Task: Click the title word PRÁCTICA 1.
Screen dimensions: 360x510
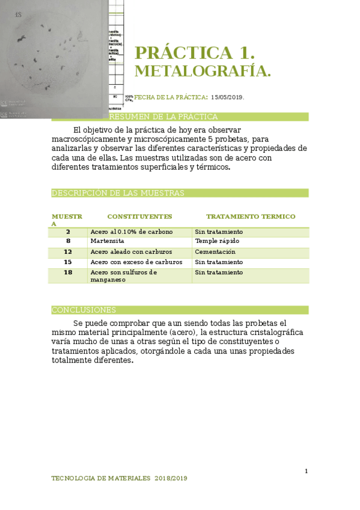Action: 195,53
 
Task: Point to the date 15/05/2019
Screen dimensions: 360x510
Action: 227,97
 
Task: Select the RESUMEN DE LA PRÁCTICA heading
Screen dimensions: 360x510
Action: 163,117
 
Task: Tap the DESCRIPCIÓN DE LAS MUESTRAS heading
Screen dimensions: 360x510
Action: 118,193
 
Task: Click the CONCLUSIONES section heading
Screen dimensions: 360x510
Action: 84,310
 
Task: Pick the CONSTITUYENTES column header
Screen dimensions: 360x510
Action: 139,217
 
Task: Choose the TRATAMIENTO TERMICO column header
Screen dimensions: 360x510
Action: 251,217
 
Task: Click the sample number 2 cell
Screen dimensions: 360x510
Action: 68,232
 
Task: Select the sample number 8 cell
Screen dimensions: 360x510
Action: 68,241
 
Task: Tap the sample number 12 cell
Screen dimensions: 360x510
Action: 68,252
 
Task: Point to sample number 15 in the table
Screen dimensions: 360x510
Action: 68,262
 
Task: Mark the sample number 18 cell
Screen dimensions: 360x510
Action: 68,272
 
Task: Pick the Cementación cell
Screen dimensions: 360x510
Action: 215,252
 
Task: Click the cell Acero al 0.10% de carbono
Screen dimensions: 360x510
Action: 132,232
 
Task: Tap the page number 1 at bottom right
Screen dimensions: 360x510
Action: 306,471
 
